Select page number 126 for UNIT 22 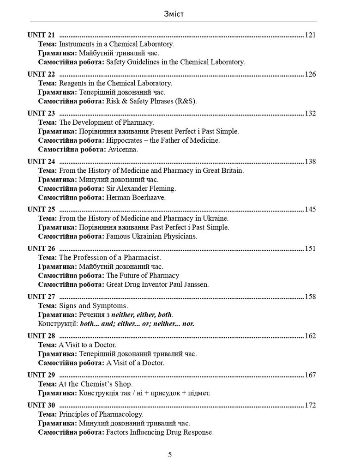[310, 74]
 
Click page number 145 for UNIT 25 [310, 209]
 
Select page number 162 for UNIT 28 [310, 336]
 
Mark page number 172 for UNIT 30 [310, 406]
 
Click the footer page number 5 [170, 455]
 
